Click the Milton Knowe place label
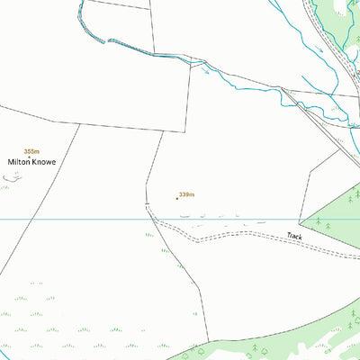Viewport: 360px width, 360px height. click(32, 162)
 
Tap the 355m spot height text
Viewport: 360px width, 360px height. click(32, 150)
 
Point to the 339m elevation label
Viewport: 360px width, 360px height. click(187, 194)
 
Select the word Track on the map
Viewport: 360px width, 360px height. click(293, 236)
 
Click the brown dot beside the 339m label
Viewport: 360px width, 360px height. click(176, 198)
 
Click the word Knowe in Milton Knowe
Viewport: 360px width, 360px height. click(43, 162)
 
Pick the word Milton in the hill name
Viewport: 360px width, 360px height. click(19, 162)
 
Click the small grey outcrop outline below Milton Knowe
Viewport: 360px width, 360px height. click(11, 177)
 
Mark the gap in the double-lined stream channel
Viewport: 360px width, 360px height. click(108, 41)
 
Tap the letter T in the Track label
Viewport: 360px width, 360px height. click(288, 235)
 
